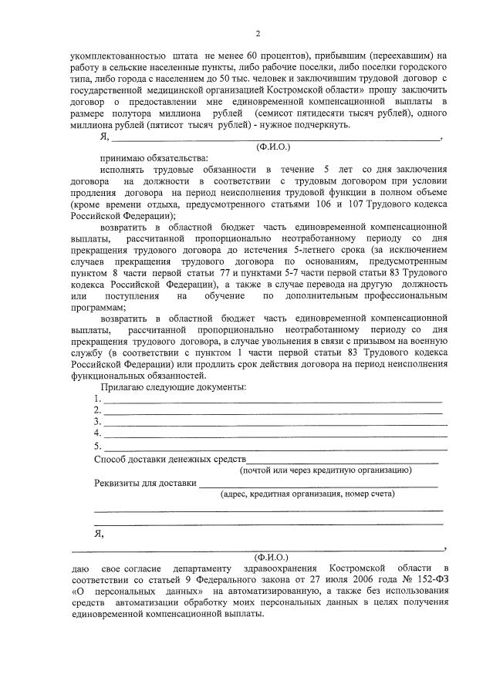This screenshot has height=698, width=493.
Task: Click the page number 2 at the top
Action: point(258,33)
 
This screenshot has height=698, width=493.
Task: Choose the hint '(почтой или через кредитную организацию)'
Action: point(326,470)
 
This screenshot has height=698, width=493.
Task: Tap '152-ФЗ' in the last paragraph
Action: point(427,578)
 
